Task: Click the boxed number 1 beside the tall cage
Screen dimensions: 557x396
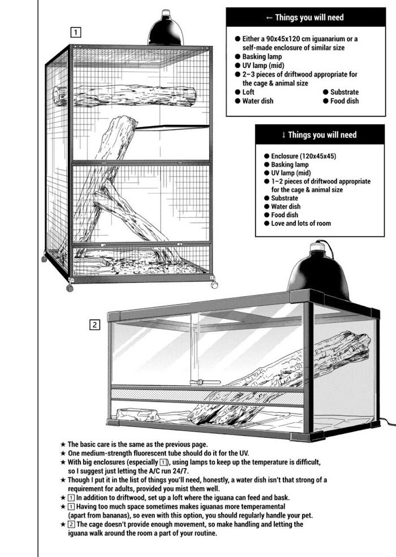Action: click(x=76, y=32)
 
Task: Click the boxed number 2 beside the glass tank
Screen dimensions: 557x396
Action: click(x=95, y=325)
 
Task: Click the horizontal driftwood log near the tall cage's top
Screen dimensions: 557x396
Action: click(x=124, y=97)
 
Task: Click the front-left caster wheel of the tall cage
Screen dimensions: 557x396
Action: click(x=70, y=287)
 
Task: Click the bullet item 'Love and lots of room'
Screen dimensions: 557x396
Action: click(x=300, y=223)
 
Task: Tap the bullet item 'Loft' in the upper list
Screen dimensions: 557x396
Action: click(x=248, y=92)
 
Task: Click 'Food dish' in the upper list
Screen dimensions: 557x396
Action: click(x=345, y=101)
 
